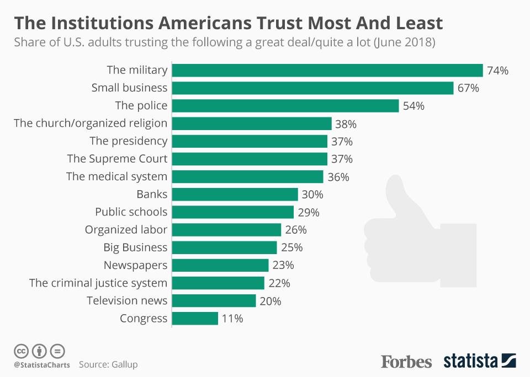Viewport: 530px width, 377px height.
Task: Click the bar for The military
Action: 327,70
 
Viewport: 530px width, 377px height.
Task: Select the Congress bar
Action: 195,318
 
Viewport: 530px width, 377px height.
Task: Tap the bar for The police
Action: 285,106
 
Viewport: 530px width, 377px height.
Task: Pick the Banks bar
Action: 235,194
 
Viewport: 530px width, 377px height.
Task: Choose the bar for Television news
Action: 214,300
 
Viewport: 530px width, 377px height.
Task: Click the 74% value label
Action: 497,71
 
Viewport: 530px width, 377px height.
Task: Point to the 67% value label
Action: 468,88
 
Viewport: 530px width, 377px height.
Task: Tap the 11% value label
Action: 232,319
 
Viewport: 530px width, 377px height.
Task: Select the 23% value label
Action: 283,265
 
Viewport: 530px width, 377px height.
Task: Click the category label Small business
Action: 129,88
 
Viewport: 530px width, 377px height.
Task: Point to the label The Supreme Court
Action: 117,159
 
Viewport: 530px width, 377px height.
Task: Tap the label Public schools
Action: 131,212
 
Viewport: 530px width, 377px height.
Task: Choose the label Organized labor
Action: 126,229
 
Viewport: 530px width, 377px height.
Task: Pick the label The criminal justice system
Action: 98,283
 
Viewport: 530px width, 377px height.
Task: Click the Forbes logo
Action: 406,362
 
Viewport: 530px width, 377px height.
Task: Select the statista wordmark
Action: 470,362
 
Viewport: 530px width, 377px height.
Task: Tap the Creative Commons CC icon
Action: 21,351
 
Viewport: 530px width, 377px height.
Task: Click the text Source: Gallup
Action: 108,364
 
